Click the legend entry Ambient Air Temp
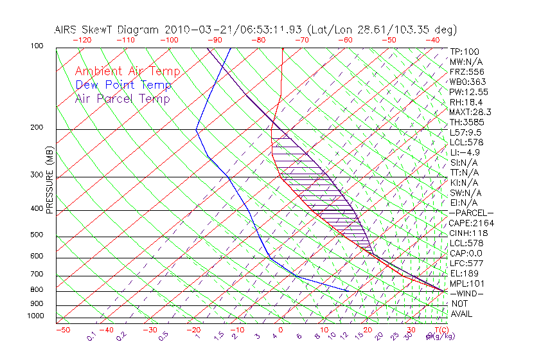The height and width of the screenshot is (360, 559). coord(127,71)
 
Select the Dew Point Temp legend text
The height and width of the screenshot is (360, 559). coord(123,85)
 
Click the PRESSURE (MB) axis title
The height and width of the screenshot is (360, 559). coord(49,181)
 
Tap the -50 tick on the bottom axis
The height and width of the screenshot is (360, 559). coord(62,330)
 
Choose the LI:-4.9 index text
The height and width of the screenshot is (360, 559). coord(465,152)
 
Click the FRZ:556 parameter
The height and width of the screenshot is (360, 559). coord(466,71)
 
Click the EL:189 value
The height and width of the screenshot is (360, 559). coord(462,273)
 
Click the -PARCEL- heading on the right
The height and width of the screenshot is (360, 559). coord(471,213)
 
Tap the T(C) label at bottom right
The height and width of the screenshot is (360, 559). coord(443,330)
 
